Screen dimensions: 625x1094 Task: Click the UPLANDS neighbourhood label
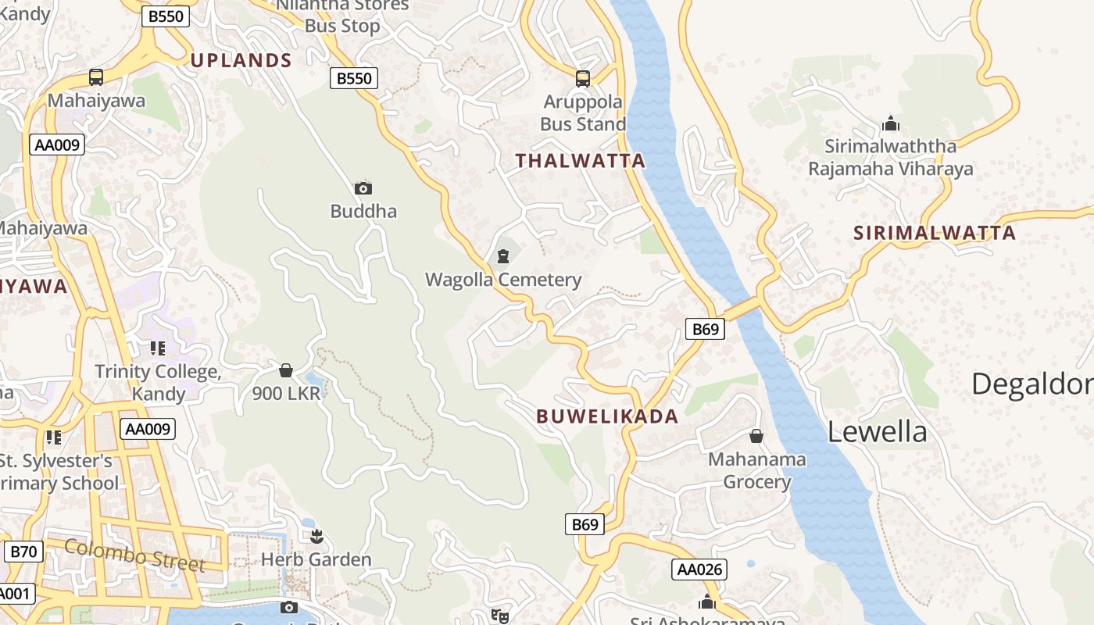point(241,60)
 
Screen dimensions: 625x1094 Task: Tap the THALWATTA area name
point(581,161)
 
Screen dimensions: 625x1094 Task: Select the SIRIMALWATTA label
point(935,233)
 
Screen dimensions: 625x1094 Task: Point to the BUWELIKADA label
point(607,416)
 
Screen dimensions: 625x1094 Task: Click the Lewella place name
point(878,431)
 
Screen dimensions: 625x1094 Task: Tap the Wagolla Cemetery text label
point(503,280)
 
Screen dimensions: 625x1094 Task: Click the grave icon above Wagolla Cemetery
point(503,255)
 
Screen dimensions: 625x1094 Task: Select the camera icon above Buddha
point(363,188)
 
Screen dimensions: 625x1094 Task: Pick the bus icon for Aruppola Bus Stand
point(583,78)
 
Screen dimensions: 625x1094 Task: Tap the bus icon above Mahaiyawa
point(96,77)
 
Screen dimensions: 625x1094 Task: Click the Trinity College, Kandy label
point(158,382)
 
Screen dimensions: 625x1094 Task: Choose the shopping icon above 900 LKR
point(286,370)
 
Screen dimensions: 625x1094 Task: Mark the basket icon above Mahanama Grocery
point(756,435)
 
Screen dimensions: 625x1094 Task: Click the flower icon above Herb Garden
point(316,536)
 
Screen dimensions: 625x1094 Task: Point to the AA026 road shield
point(699,570)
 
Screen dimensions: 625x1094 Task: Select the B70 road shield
point(23,552)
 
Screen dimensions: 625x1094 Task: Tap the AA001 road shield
point(14,594)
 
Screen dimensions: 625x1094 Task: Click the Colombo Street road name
point(135,555)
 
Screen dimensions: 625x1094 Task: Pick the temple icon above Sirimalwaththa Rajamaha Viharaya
point(890,123)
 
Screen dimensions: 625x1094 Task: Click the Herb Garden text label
point(316,559)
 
